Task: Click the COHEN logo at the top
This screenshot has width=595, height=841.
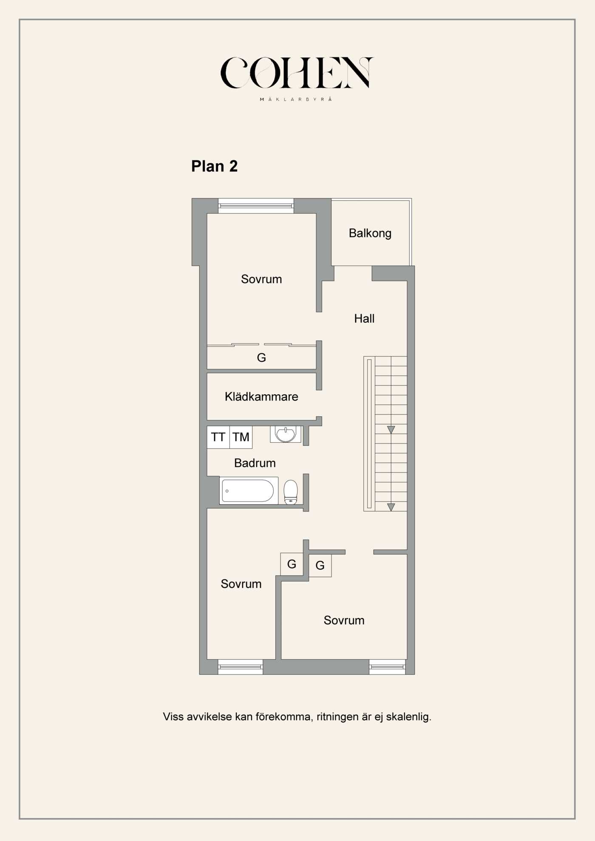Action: [297, 73]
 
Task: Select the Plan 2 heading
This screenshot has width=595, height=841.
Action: [214, 166]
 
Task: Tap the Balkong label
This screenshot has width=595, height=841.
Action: [370, 233]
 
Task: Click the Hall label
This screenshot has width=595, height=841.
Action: [364, 319]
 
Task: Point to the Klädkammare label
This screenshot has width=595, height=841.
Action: [261, 397]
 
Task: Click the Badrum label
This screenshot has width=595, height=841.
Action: [255, 463]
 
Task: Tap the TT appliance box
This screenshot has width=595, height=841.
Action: [218, 437]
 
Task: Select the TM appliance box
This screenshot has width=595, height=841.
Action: [241, 437]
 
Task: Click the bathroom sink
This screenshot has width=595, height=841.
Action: [286, 435]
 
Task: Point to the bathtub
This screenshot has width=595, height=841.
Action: [249, 491]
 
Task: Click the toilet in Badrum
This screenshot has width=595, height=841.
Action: [291, 492]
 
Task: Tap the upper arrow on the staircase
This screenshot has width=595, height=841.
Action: [391, 430]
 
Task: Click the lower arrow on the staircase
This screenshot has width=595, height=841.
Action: [391, 507]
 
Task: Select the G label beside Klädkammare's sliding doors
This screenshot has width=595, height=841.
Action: [261, 358]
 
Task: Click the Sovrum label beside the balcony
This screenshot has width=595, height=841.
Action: [261, 279]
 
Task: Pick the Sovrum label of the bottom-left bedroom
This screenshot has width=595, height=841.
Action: [241, 584]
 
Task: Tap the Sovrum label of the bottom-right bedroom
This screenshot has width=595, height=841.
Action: [344, 621]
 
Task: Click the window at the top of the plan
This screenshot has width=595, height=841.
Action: [256, 206]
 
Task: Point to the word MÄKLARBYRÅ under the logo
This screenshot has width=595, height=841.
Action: [296, 99]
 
